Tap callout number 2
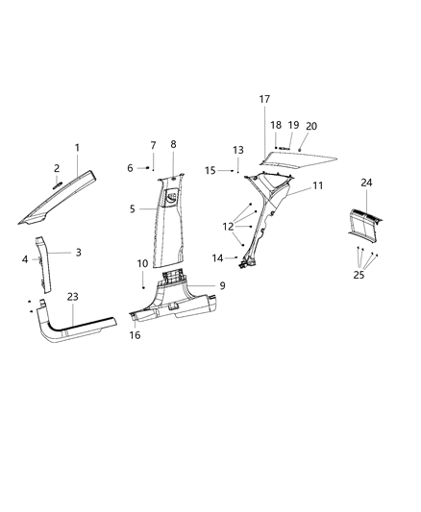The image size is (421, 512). pos(57,167)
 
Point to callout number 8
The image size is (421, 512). pos(173,144)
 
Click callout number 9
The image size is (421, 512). pos(221,285)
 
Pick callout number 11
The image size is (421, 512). pos(318,184)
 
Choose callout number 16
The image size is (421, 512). pos(136,336)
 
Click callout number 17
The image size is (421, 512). pos(264,99)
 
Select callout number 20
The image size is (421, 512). pos(310,126)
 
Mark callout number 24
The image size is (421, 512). pos(366,182)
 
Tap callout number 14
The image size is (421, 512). pos(217,257)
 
